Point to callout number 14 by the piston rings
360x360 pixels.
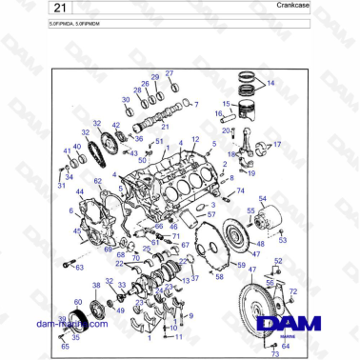(270, 84)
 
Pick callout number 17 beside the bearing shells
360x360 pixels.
(278, 145)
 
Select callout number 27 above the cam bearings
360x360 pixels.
(170, 73)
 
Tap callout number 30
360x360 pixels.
(126, 99)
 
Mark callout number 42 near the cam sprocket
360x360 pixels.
(116, 125)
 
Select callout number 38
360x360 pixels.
(96, 285)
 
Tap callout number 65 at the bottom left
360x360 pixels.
(66, 347)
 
